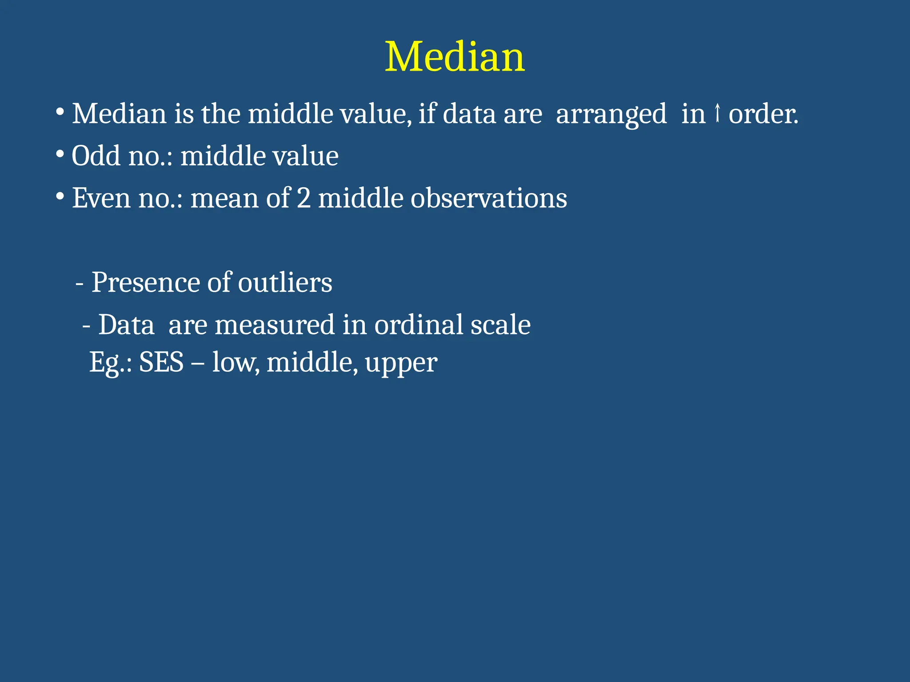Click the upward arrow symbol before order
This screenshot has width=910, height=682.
pyautogui.click(x=717, y=113)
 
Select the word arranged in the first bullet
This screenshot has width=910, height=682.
pyautogui.click(x=611, y=115)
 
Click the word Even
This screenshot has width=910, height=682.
pyautogui.click(x=101, y=198)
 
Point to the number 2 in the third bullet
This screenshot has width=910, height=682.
pyautogui.click(x=303, y=198)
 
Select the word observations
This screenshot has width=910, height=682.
pyautogui.click(x=488, y=198)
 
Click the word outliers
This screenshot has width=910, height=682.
pyautogui.click(x=285, y=282)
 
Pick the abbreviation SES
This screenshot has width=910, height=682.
pyautogui.click(x=161, y=362)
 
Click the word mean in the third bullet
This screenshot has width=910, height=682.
pyautogui.click(x=224, y=198)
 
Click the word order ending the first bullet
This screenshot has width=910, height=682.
pyautogui.click(x=762, y=114)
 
